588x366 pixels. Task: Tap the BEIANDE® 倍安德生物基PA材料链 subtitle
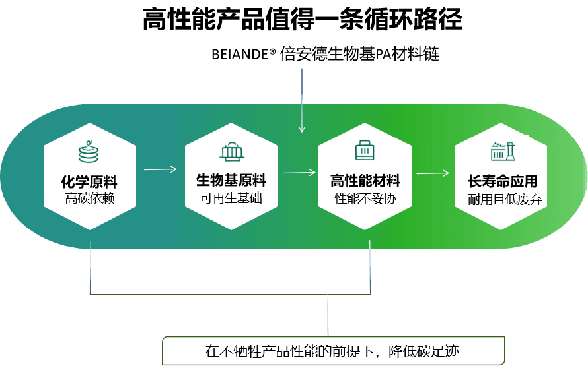(x=325, y=54)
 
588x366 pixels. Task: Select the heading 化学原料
(x=89, y=182)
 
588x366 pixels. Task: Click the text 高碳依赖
(x=90, y=198)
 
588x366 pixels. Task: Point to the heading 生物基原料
(x=231, y=181)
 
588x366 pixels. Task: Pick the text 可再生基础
(x=231, y=198)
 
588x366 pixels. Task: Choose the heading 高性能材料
(x=365, y=181)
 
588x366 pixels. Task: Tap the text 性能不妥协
(x=365, y=198)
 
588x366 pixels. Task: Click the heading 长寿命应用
(x=503, y=181)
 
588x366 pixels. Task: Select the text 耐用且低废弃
(x=505, y=199)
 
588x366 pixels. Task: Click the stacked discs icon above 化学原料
(x=89, y=152)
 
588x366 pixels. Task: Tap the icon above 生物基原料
(x=232, y=152)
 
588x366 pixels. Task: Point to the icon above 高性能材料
(x=365, y=150)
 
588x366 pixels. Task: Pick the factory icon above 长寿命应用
(x=503, y=151)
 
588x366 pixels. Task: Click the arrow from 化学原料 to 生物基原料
(x=160, y=169)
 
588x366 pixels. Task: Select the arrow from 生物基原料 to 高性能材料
(x=299, y=173)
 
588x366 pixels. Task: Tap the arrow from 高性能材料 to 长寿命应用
(x=433, y=173)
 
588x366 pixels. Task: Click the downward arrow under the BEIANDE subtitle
(x=302, y=100)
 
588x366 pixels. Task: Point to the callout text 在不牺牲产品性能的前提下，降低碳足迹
(x=332, y=351)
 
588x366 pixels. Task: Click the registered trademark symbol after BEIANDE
(x=273, y=51)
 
